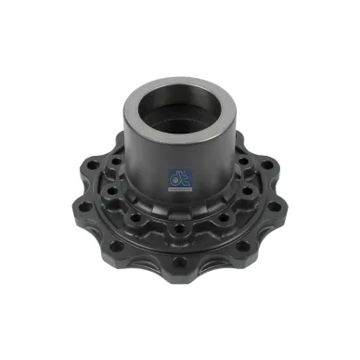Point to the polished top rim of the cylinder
[176, 88]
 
